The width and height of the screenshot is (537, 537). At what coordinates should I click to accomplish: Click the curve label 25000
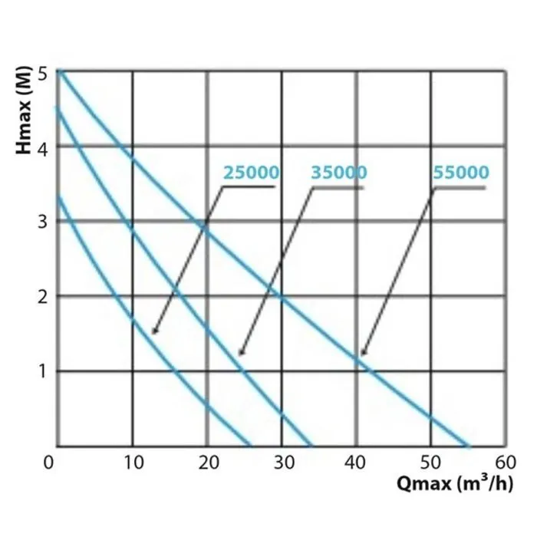[x=251, y=173]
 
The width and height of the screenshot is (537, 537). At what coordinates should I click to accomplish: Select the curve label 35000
[x=338, y=173]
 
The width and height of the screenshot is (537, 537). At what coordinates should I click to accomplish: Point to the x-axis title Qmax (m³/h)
[x=454, y=484]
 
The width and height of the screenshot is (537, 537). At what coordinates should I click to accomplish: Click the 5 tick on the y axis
[x=44, y=73]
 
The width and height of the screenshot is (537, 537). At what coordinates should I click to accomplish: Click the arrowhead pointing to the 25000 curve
[x=153, y=331]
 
